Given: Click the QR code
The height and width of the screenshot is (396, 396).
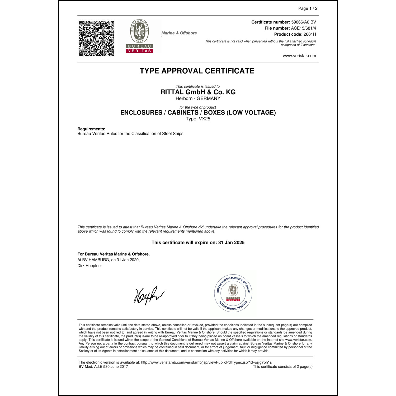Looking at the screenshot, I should [97, 38].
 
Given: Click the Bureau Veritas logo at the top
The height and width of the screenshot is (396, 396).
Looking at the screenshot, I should [139, 36].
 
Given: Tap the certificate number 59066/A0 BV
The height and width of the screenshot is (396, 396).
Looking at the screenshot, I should [303, 22].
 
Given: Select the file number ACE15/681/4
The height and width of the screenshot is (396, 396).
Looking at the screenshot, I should [303, 28].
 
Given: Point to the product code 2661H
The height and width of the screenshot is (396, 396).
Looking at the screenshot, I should [310, 34].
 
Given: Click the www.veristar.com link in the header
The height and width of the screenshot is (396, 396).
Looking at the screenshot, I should [299, 56].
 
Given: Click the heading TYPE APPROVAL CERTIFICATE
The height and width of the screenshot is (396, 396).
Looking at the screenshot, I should [197, 71].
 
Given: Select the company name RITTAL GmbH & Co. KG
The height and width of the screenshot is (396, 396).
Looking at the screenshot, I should [198, 92].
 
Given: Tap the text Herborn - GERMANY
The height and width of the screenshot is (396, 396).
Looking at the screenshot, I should [198, 98].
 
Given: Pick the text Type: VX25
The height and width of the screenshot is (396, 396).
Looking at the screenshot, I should [198, 119].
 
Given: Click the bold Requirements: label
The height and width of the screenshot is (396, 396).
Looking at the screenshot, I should [91, 129].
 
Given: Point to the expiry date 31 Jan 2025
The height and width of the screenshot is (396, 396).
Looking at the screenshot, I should [231, 243].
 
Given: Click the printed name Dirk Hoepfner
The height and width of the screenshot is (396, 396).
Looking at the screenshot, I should [90, 266].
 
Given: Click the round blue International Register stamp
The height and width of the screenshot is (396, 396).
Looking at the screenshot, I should [233, 293].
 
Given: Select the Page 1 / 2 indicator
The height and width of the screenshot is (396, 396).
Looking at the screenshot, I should [308, 8].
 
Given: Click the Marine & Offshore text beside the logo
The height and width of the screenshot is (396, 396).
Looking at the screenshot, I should [179, 33].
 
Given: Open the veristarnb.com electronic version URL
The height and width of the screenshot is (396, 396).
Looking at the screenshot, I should [206, 362].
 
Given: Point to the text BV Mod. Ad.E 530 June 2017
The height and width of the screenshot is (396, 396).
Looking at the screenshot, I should [103, 367].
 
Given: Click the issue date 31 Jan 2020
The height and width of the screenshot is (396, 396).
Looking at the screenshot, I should [128, 260].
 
